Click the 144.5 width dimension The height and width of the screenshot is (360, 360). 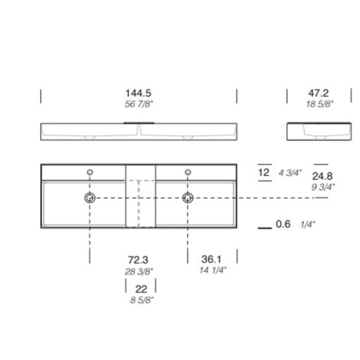click(x=138, y=93)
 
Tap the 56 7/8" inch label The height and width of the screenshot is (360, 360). click(x=138, y=104)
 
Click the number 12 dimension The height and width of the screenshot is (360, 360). click(x=264, y=172)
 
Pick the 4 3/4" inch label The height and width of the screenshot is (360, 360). click(x=289, y=173)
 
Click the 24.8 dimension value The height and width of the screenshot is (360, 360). click(x=323, y=175)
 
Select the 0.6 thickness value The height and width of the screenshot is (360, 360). click(x=282, y=225)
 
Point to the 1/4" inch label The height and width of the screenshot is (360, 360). click(x=307, y=226)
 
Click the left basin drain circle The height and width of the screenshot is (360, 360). click(x=90, y=197)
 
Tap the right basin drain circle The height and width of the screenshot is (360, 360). click(x=188, y=197)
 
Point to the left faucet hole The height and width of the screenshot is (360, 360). click(x=90, y=172)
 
